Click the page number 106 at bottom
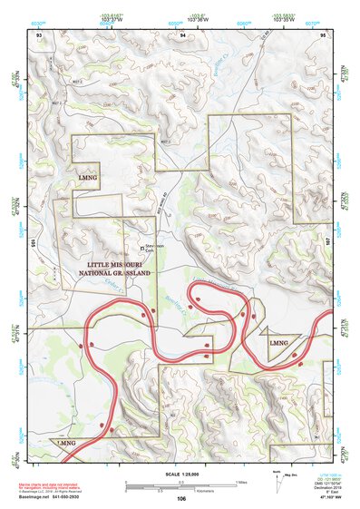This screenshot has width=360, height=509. click(181, 498)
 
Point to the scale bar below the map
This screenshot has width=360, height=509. click(181, 485)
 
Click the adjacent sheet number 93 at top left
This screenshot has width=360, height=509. click(39, 34)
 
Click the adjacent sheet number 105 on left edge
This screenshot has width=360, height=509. click(32, 243)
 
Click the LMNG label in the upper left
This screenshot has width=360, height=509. click(88, 170)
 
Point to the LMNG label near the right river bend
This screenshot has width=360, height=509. click(278, 344)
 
